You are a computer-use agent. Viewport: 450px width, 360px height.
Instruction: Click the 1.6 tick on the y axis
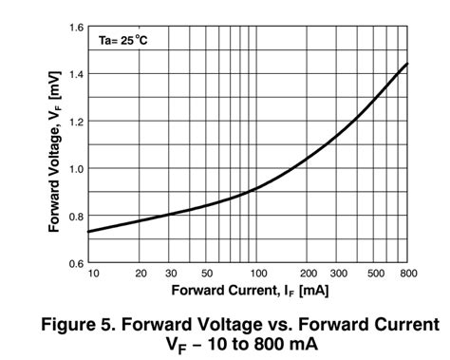pyautogui.click(x=73, y=27)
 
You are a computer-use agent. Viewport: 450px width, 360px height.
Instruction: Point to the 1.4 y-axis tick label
pyautogui.click(x=73, y=74)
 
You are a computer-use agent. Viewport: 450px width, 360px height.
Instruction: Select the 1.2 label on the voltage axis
pyautogui.click(x=73, y=122)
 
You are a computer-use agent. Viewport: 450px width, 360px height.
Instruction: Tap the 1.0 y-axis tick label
pyautogui.click(x=73, y=168)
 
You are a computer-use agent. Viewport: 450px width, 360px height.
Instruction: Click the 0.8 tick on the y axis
pyautogui.click(x=73, y=216)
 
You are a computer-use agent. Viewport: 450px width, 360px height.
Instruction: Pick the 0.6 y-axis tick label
pyautogui.click(x=73, y=262)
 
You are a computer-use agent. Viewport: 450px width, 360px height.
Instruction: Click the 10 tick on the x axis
pyautogui.click(x=93, y=274)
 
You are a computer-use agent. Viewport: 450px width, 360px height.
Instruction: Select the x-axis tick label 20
pyautogui.click(x=142, y=274)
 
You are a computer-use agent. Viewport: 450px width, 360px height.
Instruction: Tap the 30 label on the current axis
pyautogui.click(x=171, y=274)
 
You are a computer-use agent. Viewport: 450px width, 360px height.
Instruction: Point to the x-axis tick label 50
pyautogui.click(x=206, y=274)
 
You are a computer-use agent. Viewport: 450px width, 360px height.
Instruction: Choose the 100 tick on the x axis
pyautogui.click(x=255, y=274)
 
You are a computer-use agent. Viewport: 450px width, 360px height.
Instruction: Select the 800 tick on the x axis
pyautogui.click(x=409, y=274)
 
